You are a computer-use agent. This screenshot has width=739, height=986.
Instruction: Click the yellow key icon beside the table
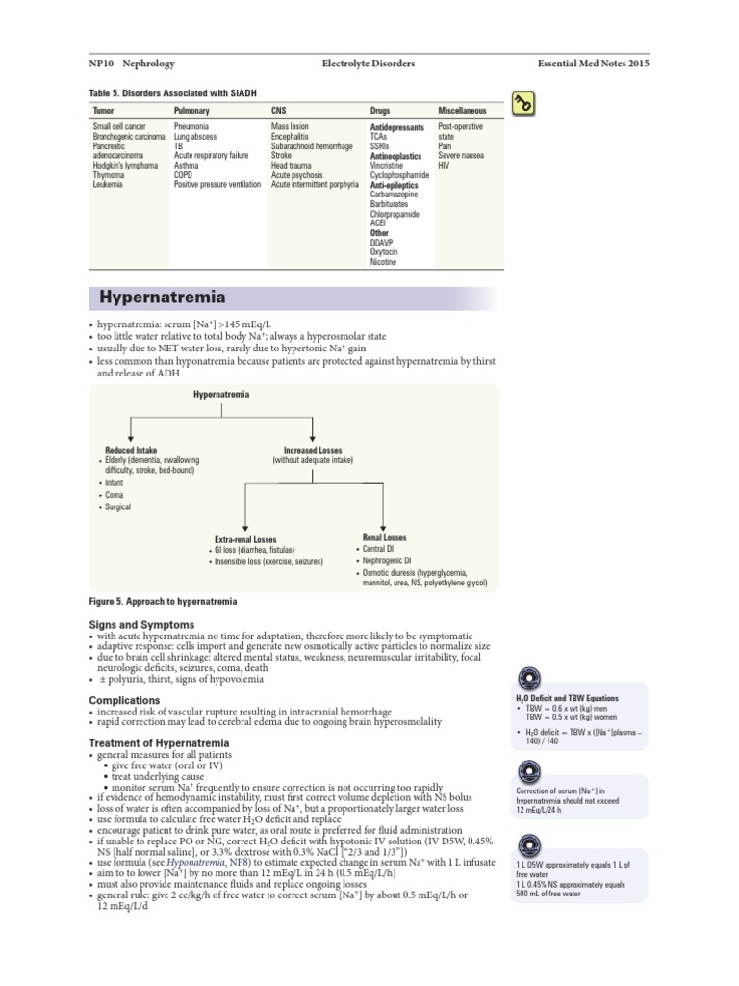tap(523, 104)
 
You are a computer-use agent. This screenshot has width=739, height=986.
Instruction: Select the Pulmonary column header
tap(191, 111)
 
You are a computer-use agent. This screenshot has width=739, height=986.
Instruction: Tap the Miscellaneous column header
tap(462, 111)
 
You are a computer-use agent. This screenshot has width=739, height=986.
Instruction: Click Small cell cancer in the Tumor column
tap(119, 126)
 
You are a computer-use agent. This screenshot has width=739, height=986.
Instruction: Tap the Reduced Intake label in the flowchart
tap(131, 450)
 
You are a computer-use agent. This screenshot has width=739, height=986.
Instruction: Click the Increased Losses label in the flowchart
tap(313, 450)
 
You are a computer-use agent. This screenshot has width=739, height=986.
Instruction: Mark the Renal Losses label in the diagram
tap(384, 537)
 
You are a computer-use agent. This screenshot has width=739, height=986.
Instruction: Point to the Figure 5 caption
tap(163, 601)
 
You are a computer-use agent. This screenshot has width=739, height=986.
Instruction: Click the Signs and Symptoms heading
tap(141, 625)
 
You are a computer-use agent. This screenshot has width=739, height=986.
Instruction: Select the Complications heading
tap(124, 700)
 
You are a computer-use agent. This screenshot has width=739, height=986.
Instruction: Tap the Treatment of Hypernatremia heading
tap(159, 743)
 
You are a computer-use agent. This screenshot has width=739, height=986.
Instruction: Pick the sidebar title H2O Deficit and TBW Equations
tap(567, 698)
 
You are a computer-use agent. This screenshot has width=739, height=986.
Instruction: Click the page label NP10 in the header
tap(103, 64)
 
